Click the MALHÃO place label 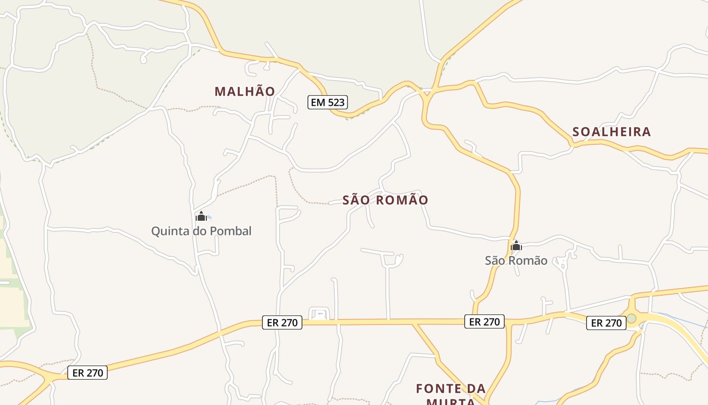coord(245,92)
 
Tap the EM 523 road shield coord(327,102)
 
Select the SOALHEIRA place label coord(611,132)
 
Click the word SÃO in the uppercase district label coord(357,200)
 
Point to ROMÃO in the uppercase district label coord(403,200)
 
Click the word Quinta coord(171,231)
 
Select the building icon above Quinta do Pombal coord(201,217)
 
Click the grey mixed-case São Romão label coord(516,261)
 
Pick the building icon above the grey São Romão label coord(516,247)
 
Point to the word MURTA coord(450,401)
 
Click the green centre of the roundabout coord(631,318)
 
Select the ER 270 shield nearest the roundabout coord(606,323)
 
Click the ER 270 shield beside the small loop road coord(282,322)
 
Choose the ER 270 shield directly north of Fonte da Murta coord(484,321)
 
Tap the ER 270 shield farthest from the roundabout coord(87,373)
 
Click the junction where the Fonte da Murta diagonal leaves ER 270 coord(414,322)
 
